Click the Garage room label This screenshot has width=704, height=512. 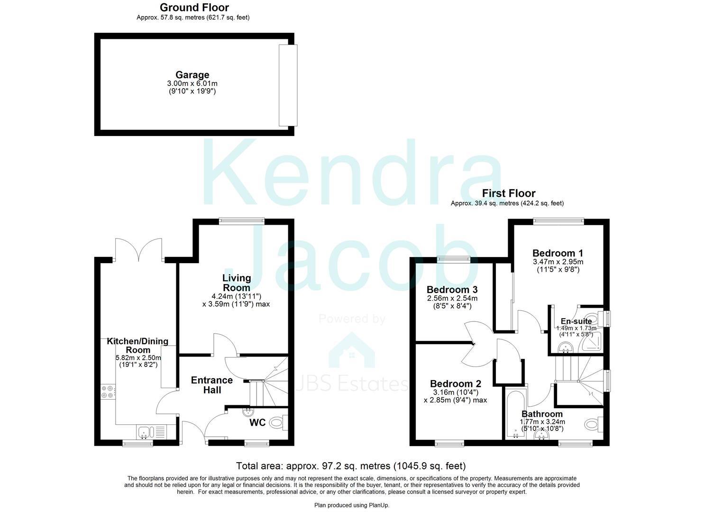click(192, 75)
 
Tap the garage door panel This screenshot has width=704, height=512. click(288, 85)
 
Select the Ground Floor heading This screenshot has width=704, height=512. click(194, 8)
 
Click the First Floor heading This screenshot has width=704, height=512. click(508, 193)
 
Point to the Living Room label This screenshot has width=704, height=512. click(237, 283)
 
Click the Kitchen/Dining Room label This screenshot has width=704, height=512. click(137, 346)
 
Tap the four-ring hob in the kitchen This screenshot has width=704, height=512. click(107, 392)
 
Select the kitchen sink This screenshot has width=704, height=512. click(145, 432)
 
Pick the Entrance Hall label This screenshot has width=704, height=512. click(212, 385)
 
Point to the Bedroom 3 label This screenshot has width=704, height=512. click(452, 290)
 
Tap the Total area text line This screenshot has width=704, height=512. click(351, 466)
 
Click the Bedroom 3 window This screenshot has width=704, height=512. click(453, 259)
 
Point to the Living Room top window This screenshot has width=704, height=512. click(242, 220)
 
